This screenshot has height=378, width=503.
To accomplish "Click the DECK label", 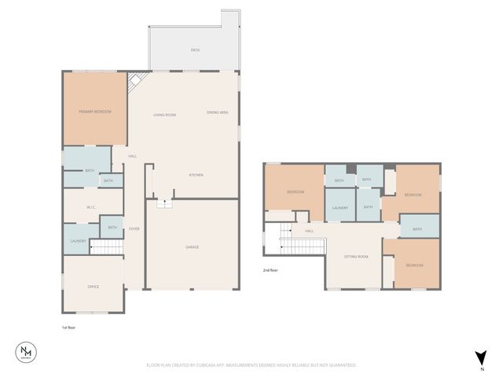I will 195,50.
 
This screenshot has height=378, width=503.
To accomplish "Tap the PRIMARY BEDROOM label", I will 95,112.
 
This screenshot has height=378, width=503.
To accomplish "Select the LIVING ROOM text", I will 165,115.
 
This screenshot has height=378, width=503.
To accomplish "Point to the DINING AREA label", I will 218,113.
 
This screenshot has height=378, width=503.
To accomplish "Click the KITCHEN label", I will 196,174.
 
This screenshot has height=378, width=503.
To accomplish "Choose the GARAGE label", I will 192,247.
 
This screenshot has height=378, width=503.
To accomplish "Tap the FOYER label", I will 134,228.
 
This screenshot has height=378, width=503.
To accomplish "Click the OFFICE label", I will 93,287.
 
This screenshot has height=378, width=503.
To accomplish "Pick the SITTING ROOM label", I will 356,257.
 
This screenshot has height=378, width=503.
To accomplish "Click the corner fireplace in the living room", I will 134,80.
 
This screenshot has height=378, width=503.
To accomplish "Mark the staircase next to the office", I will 108,248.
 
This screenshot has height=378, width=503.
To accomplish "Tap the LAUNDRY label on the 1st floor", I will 78,241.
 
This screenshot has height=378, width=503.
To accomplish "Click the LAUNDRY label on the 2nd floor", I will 340,208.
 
